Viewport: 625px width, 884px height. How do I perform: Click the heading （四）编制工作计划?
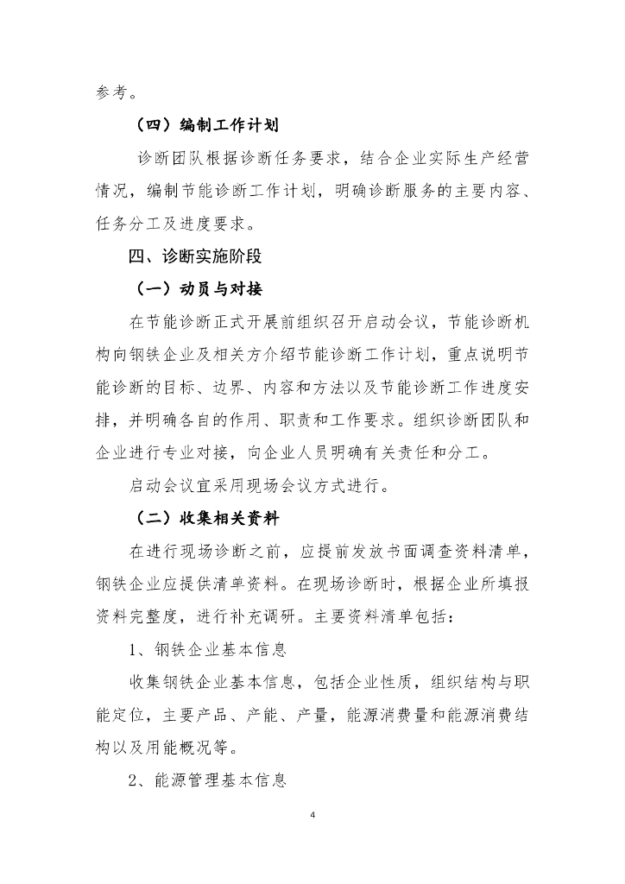(x=205, y=125)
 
